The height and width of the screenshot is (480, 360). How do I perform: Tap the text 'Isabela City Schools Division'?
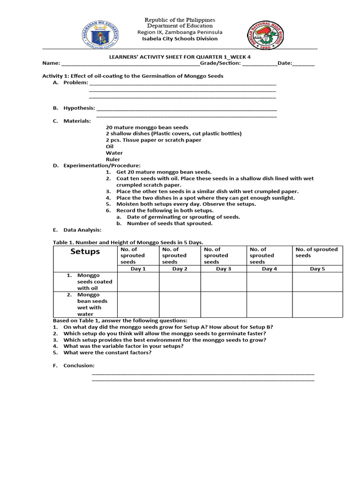tap(180, 39)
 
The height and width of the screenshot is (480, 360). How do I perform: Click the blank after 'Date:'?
tap(304, 64)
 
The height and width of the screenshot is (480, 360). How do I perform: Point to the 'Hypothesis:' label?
tap(79, 108)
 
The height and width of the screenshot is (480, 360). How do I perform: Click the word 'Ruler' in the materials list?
tap(113, 159)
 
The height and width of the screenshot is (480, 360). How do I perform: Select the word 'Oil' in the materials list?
tap(110, 146)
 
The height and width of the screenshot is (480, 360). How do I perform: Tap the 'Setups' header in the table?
tap(85, 252)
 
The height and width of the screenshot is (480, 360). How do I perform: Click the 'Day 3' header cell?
tap(224, 269)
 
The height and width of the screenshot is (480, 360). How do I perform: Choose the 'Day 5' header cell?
tap(317, 269)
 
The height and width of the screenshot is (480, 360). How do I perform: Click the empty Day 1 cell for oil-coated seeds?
tap(138, 282)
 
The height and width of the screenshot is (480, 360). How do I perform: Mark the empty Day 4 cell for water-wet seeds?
tap(270, 304)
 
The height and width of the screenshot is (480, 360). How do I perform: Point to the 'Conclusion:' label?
tap(79, 366)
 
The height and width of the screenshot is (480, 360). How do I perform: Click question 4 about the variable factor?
tap(123, 346)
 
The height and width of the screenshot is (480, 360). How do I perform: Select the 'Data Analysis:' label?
tap(82, 230)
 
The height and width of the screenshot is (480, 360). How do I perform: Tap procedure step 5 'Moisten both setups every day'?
tap(186, 204)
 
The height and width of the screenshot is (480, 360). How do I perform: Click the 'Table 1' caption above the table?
tap(127, 242)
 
